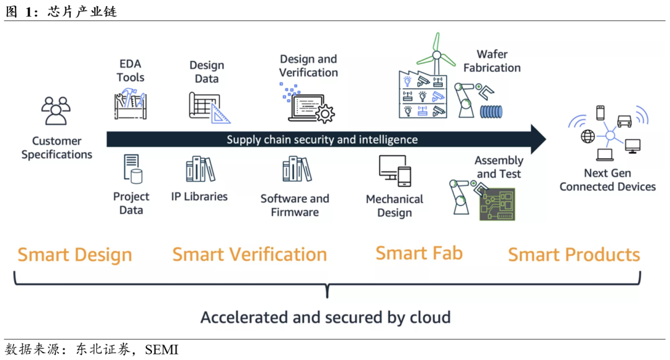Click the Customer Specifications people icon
(56, 110)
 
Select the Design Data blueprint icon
(208, 107)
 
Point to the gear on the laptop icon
(324, 114)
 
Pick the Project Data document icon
(132, 169)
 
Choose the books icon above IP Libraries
(200, 169)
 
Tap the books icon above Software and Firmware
(296, 169)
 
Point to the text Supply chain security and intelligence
(322, 140)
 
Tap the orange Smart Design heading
(75, 255)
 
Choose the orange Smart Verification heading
(249, 254)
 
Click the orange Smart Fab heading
(419, 253)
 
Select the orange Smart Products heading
(574, 254)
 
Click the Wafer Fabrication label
(492, 61)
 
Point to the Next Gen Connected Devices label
(607, 180)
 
